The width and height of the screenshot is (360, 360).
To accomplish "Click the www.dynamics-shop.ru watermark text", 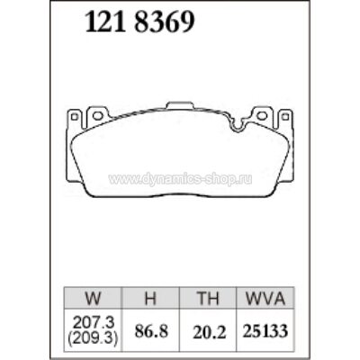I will (180, 178).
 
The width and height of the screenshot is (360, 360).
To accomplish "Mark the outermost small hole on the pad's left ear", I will (76, 118).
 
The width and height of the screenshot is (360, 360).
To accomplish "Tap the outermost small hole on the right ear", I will (284, 118).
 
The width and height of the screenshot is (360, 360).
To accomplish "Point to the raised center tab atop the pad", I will (180, 106).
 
